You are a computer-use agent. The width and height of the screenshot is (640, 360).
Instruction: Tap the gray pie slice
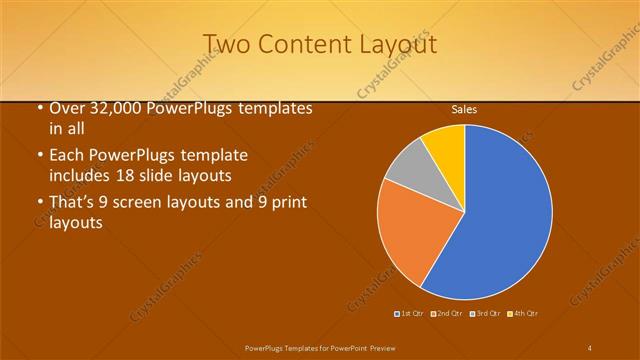coord(408,167)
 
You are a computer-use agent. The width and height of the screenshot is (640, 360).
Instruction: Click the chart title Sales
coord(464,108)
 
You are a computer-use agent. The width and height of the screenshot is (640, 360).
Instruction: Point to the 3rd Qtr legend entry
coord(485,314)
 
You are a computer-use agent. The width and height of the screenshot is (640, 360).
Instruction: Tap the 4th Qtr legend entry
coord(523,314)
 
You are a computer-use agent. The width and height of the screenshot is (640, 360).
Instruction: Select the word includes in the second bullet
coord(82,175)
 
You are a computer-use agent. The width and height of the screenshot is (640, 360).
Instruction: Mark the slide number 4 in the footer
coord(590,347)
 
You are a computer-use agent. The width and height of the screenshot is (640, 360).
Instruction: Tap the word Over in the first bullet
coord(66,108)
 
